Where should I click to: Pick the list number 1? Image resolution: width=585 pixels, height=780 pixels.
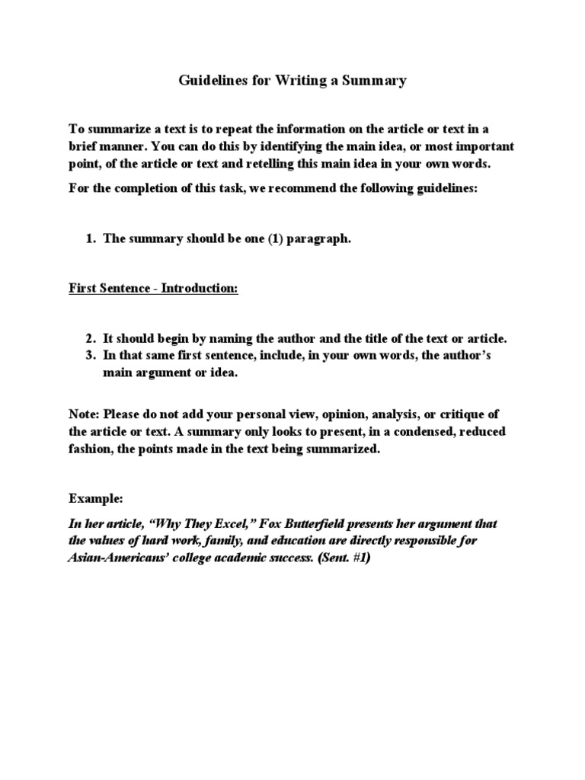89,238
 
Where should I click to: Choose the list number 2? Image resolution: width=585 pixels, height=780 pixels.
89,338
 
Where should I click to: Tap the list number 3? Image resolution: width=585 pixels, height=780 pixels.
89,355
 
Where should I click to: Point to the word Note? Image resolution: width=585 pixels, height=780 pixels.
84,414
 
